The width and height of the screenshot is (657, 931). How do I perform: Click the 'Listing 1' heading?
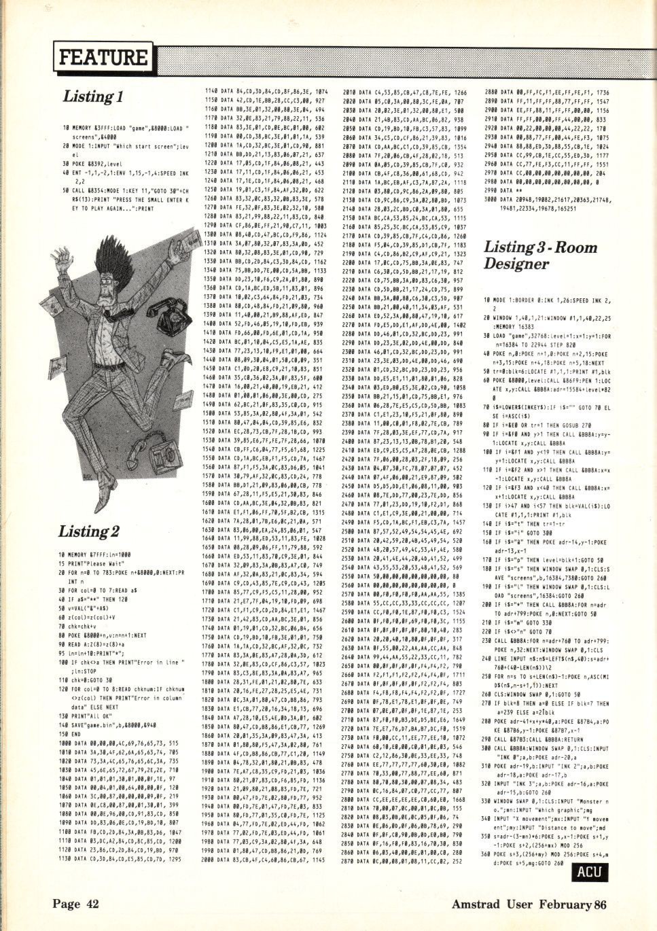(92, 96)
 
